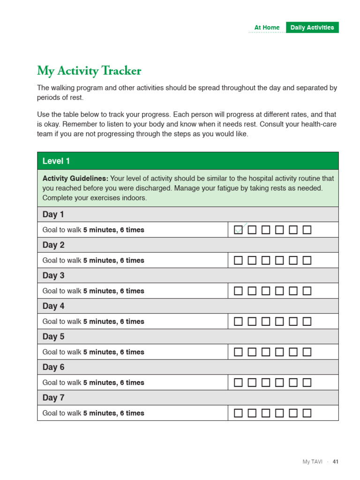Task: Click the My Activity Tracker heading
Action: click(x=89, y=71)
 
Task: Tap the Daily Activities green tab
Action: click(x=312, y=28)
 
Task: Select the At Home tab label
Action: click(x=267, y=28)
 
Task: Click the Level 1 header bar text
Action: click(x=56, y=161)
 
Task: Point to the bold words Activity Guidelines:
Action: click(x=75, y=179)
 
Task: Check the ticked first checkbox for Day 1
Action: click(x=239, y=230)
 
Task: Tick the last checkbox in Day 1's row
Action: click(x=307, y=230)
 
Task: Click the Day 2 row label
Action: click(x=53, y=245)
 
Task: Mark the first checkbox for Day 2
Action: click(x=239, y=260)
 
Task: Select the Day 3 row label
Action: click(x=53, y=276)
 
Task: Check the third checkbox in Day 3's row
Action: click(x=266, y=291)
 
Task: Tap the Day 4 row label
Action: click(x=53, y=306)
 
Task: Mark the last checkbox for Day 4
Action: click(x=307, y=322)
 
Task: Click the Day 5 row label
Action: click(x=53, y=337)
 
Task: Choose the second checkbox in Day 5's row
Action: click(x=252, y=352)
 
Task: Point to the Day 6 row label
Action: click(x=53, y=367)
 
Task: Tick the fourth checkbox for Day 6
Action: click(x=279, y=382)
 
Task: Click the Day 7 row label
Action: click(x=53, y=397)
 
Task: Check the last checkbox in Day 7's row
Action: click(x=307, y=413)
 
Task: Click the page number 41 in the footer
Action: click(x=335, y=462)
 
